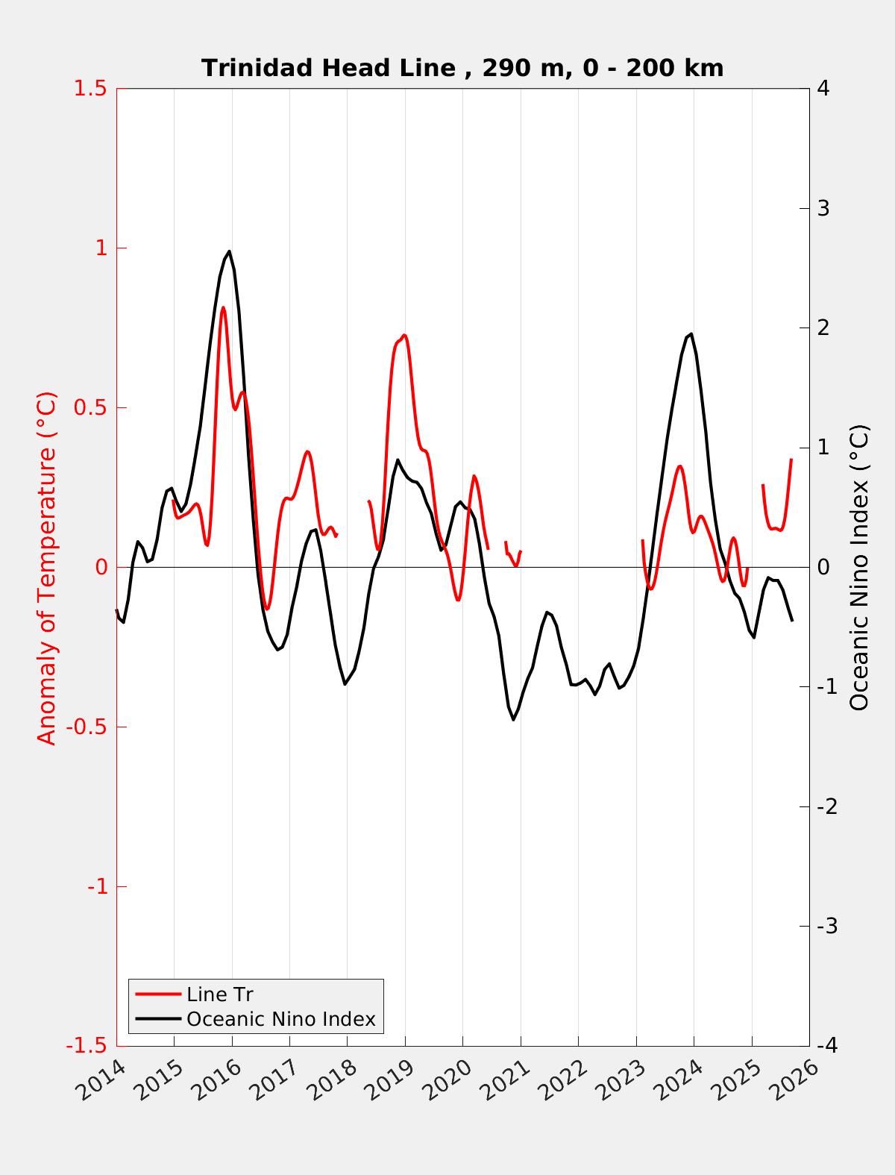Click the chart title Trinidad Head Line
click(462, 68)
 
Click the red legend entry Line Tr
click(219, 994)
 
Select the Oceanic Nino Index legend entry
click(280, 1018)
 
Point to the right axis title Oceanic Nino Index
click(859, 567)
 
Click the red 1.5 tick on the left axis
click(89, 88)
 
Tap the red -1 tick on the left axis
click(96, 886)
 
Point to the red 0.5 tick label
click(89, 407)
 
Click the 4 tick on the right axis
click(823, 88)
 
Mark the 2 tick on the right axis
click(823, 328)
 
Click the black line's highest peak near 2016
click(229, 251)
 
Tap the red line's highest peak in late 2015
click(222, 307)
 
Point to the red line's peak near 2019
click(404, 336)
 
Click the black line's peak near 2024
click(691, 334)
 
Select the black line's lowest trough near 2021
click(513, 719)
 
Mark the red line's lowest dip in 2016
click(267, 609)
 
